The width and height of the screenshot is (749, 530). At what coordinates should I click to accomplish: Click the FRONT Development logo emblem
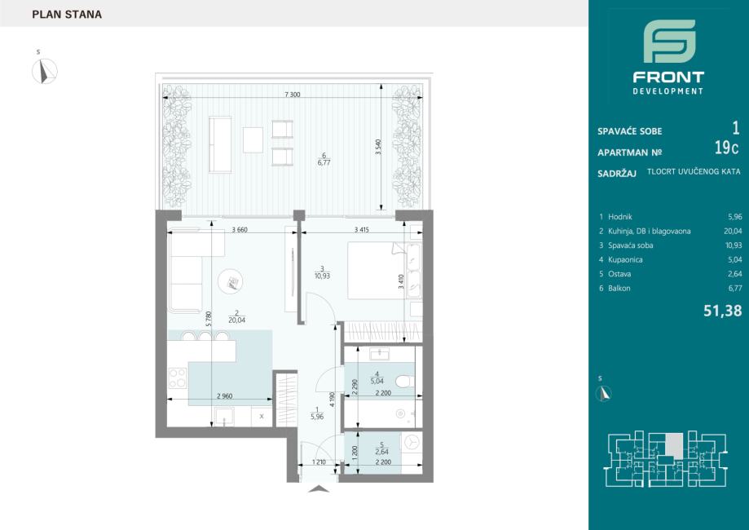[x=669, y=41]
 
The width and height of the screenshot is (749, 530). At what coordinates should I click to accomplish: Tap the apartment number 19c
[x=726, y=148]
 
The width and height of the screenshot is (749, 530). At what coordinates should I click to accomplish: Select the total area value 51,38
[x=723, y=311]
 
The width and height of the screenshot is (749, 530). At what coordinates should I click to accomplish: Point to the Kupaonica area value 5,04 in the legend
[x=734, y=260]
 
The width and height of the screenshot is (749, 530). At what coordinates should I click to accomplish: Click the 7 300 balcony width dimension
[x=293, y=95]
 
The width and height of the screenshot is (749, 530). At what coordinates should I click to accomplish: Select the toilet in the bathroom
[x=404, y=382]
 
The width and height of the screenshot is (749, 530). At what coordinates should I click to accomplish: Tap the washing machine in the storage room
[x=412, y=443]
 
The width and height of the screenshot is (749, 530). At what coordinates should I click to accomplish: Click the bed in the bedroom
[x=377, y=271]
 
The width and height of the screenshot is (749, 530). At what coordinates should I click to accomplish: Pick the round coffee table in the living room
[x=230, y=281]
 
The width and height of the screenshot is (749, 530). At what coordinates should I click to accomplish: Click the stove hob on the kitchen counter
[x=177, y=378]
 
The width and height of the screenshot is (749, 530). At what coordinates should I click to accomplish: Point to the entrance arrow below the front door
[x=319, y=489]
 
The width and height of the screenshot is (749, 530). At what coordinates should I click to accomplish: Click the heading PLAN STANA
[x=67, y=15]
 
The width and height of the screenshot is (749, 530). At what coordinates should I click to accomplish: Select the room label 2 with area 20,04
[x=236, y=317]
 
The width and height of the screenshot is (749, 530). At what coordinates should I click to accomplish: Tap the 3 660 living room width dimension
[x=240, y=229]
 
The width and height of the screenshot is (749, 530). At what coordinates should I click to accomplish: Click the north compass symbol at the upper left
[x=45, y=71]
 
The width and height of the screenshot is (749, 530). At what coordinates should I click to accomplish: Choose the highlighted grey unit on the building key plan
[x=674, y=444]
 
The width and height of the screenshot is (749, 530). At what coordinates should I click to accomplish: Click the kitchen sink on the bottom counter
[x=224, y=417]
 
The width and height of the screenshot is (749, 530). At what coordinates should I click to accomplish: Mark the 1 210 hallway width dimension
[x=319, y=462]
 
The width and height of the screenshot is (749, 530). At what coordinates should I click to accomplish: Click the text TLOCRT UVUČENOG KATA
[x=694, y=171]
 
